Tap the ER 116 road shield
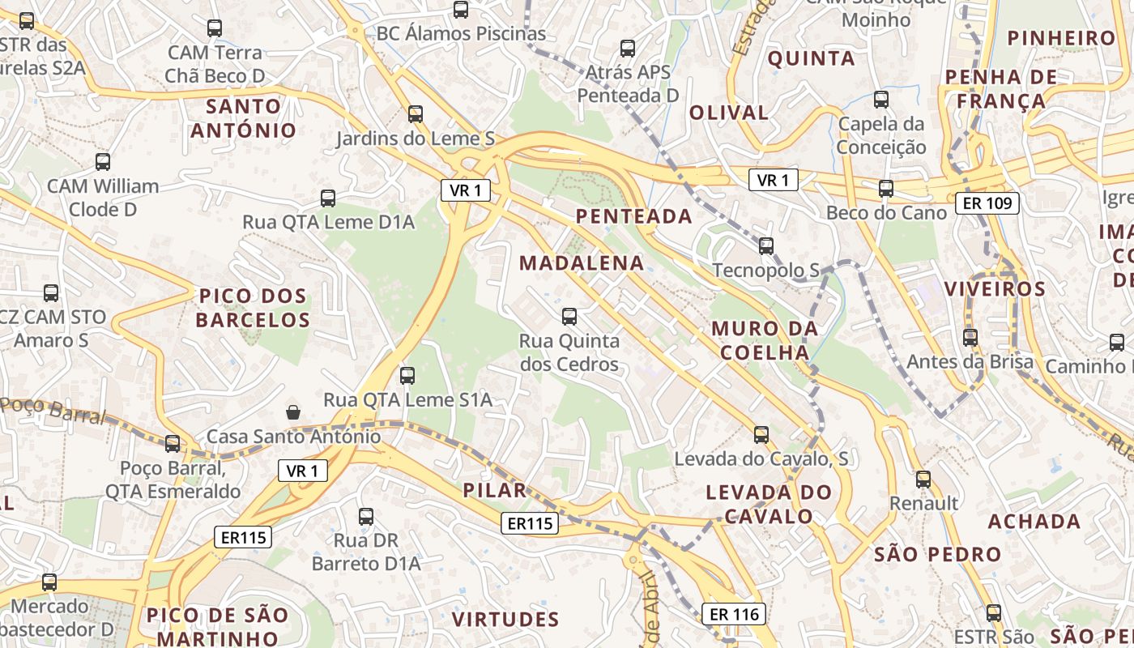[x=733, y=614]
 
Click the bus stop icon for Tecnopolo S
[x=765, y=245]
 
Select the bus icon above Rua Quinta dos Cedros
[x=569, y=316]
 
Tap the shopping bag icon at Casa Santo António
[x=293, y=412]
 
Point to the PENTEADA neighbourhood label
[x=633, y=216]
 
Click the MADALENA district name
[x=582, y=263]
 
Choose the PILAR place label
[x=495, y=490]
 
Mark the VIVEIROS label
[x=995, y=289]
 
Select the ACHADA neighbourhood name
[x=1034, y=522]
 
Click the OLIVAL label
[x=728, y=113]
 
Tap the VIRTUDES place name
[x=505, y=620]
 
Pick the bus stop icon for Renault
[x=923, y=479]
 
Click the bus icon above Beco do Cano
[x=886, y=189]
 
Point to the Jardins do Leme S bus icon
[x=416, y=113]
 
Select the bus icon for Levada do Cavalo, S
[x=761, y=434]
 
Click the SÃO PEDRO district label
[x=938, y=555]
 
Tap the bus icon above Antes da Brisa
[x=970, y=337]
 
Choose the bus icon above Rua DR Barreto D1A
[x=366, y=516]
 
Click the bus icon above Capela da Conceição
[x=881, y=100]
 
